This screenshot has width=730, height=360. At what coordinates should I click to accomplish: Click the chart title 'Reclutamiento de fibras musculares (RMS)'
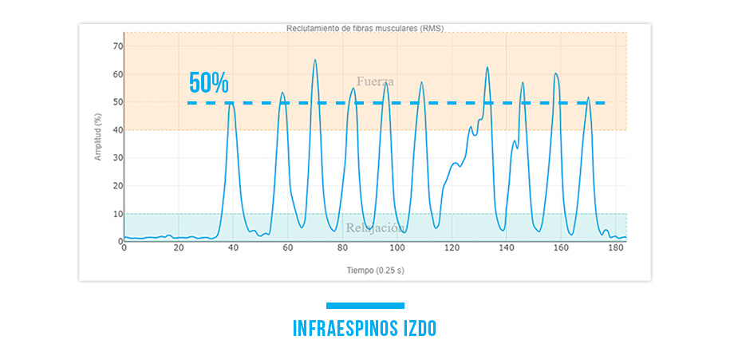(x=365, y=28)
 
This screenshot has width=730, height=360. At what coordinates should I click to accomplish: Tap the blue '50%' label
(x=209, y=83)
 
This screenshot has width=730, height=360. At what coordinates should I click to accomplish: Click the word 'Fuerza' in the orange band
(x=375, y=81)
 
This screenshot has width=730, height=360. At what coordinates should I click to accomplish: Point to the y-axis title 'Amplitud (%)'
(x=98, y=136)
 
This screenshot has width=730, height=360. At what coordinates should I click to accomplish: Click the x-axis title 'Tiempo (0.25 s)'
(x=374, y=271)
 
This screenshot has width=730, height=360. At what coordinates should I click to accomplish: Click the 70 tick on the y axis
(x=116, y=46)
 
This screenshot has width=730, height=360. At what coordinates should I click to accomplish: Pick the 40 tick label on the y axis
(x=116, y=130)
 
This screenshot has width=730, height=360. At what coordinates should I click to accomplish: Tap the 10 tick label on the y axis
(x=116, y=214)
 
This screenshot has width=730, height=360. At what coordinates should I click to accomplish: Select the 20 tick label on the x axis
(x=179, y=249)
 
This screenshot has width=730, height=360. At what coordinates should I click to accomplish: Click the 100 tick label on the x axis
(x=397, y=249)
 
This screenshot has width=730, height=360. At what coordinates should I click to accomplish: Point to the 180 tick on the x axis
(x=616, y=249)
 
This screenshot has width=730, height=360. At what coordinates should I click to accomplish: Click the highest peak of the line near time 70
(x=315, y=60)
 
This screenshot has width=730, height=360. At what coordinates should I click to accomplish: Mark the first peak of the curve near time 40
(x=231, y=103)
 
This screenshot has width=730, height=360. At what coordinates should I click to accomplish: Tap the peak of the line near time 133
(x=487, y=67)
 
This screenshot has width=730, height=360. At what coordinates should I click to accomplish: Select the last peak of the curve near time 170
(x=589, y=98)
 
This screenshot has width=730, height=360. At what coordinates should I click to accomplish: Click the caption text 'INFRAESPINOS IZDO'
(x=365, y=329)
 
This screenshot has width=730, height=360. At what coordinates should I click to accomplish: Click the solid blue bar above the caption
(x=365, y=305)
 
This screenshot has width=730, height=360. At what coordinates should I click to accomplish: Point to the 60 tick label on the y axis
(x=116, y=74)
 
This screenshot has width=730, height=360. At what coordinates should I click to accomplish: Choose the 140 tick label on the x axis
(x=507, y=249)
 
